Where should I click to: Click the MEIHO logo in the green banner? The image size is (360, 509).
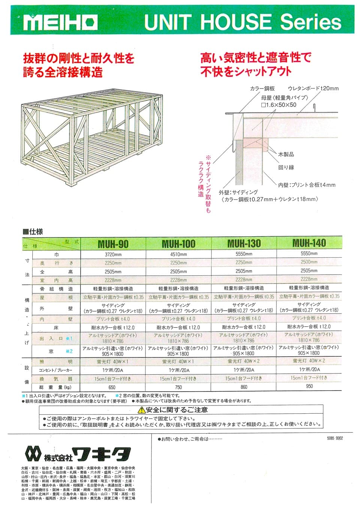(60, 23)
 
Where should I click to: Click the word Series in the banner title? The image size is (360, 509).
(311, 22)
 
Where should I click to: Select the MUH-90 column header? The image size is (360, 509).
(113, 244)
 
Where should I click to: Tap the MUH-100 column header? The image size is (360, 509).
(178, 244)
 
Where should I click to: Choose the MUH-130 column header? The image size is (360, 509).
(244, 244)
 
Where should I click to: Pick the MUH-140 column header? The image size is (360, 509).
(309, 243)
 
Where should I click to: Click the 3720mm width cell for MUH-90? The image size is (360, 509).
(113, 254)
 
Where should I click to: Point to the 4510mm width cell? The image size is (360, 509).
(178, 254)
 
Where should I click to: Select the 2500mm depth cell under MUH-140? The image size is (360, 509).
(309, 262)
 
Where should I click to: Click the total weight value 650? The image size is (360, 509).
(112, 387)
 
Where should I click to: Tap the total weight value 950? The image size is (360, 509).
(309, 386)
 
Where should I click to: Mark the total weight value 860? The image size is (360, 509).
(244, 387)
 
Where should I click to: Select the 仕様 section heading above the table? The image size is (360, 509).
(33, 232)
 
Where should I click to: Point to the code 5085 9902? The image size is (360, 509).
(334, 438)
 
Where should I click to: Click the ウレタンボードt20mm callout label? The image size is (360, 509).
(313, 89)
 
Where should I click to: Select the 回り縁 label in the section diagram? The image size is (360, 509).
(286, 167)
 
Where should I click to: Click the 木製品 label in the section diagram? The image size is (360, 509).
(286, 154)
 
